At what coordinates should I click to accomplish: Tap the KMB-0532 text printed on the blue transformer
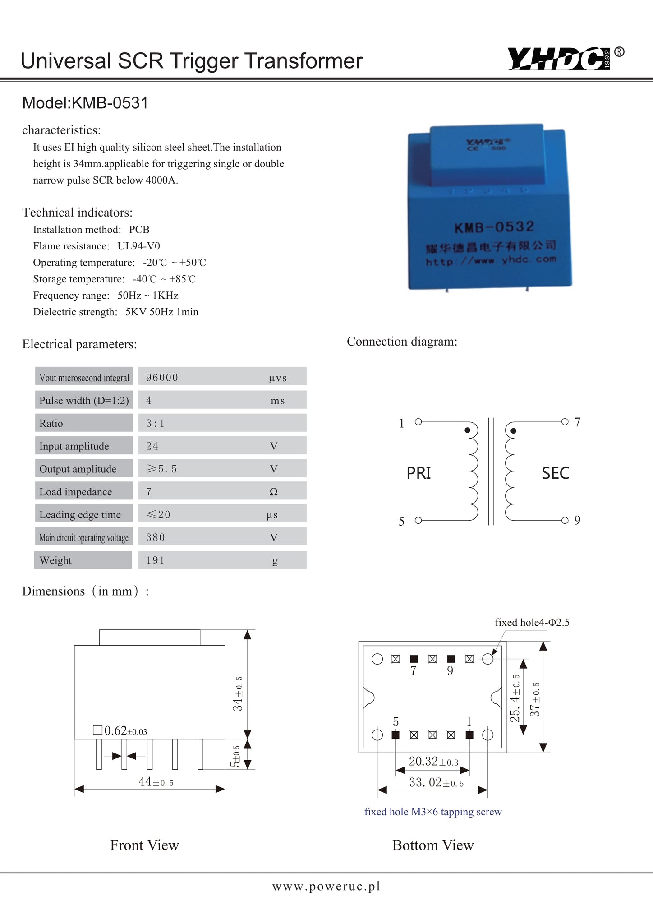494,226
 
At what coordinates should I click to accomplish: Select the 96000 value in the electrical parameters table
162,377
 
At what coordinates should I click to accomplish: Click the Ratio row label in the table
51,423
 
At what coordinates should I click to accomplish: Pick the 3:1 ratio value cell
155,423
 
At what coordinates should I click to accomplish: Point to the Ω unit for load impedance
273,492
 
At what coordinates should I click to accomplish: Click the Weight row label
55,560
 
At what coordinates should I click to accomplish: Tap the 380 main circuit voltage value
156,537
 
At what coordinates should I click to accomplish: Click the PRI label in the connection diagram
418,473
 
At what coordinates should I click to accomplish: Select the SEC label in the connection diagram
555,473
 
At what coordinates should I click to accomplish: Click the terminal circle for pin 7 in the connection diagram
565,422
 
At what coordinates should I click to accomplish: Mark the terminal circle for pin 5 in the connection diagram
418,521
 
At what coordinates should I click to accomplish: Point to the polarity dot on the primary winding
467,430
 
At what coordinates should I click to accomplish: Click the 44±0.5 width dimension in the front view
156,782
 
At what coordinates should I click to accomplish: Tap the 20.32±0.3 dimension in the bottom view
433,762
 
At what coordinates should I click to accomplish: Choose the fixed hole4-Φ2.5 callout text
532,623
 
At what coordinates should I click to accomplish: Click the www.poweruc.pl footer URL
326,887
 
